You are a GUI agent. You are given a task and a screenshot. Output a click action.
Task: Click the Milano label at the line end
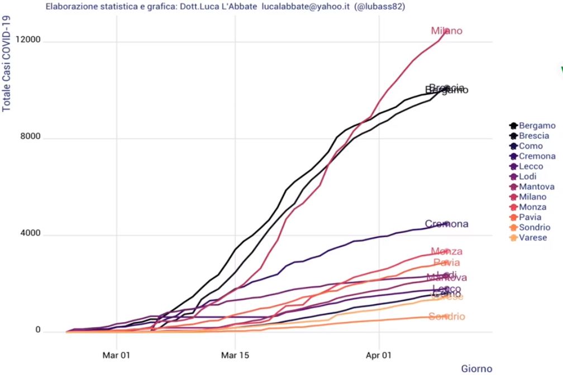pos(446,31)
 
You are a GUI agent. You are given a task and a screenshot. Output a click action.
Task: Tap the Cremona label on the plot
pos(446,224)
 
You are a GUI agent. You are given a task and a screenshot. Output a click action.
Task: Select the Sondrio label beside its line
pos(447,317)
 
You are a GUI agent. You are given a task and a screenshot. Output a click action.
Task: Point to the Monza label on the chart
pos(446,252)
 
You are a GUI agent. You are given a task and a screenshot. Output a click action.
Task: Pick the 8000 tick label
pos(31,138)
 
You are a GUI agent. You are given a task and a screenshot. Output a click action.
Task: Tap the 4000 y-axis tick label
pos(31,234)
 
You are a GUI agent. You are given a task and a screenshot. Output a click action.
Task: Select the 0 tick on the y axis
pos(38,331)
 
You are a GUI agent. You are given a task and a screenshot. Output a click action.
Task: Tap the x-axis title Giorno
pos(476,368)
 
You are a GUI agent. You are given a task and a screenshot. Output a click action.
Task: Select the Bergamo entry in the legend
pos(537,126)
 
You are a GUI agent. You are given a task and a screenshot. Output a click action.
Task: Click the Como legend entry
pos(531,146)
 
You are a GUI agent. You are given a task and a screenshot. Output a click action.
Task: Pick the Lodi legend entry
pos(528,176)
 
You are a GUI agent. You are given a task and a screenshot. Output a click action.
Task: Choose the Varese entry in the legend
pos(533,237)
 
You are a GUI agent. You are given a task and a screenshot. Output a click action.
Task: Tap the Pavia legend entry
pos(530,217)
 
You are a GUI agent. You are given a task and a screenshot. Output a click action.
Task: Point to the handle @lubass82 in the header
pos(379,7)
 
